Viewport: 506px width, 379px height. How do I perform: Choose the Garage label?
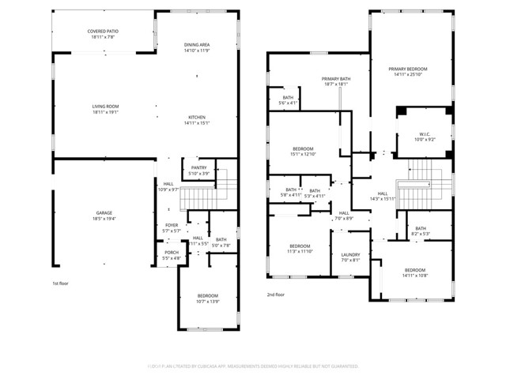point(104,214)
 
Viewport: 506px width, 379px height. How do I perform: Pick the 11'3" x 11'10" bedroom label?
point(300,248)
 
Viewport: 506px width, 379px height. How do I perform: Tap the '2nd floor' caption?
point(277,293)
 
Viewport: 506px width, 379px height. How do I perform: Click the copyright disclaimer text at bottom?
point(253,366)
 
